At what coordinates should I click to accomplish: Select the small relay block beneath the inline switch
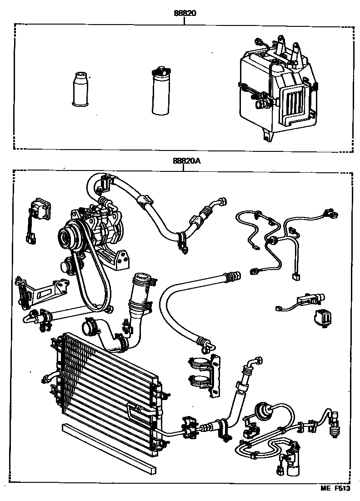[321, 317]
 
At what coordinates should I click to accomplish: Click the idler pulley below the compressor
[68, 266]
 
